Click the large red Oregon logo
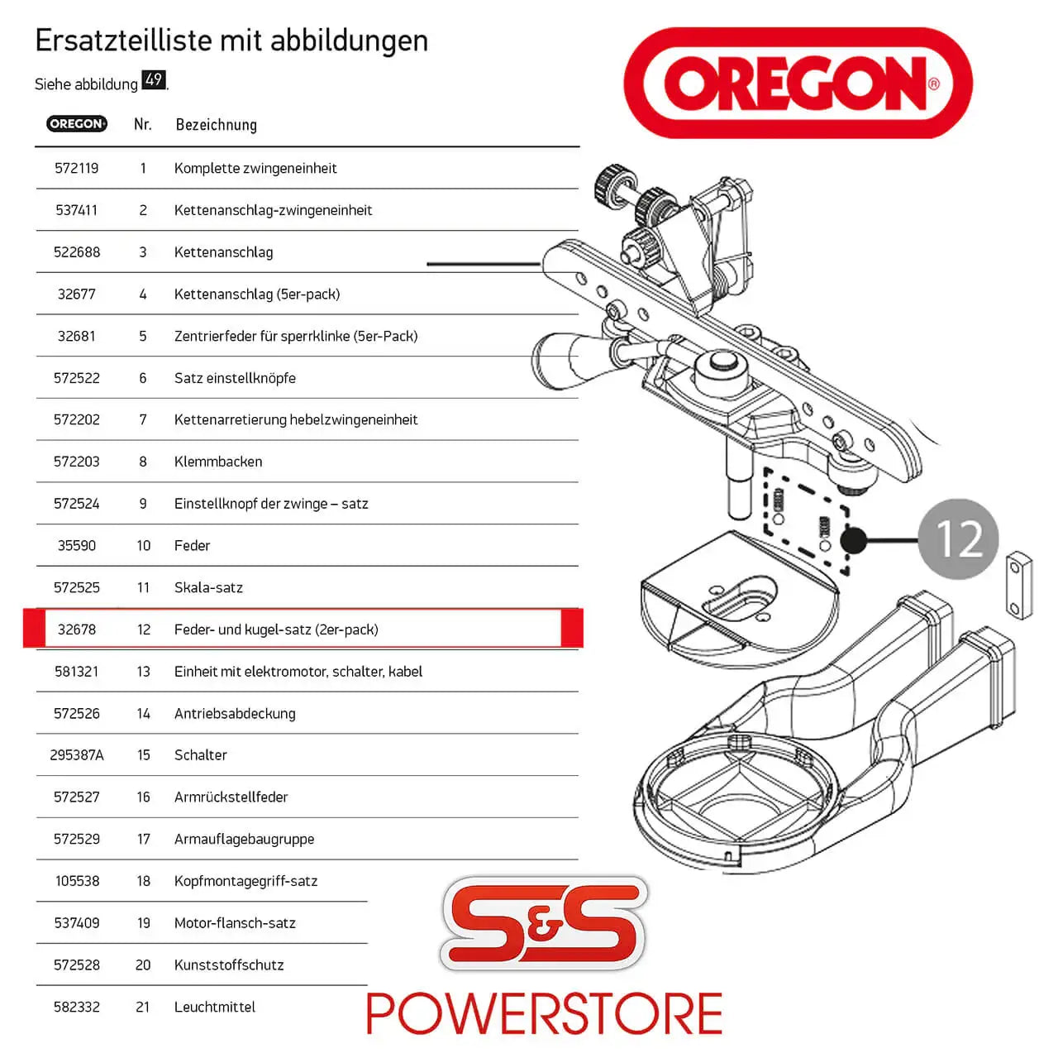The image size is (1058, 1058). coord(798,83)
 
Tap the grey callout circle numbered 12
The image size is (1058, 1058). coord(959,539)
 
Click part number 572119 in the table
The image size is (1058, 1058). coord(76,168)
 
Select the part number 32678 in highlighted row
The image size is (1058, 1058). coord(76,630)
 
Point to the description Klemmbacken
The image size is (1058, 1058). coord(218,462)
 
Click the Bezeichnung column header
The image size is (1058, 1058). coord(216,125)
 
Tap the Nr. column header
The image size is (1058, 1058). coord(142,124)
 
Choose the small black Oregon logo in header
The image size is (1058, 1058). coord(76,124)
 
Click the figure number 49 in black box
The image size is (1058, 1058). coord(154,80)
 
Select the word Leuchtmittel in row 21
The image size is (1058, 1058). coord(214,1007)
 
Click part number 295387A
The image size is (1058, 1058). coord(77,755)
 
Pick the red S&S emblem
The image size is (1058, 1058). coord(544,923)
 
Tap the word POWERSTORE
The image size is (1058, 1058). coord(544,1014)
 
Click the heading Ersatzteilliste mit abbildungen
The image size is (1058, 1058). coord(231,41)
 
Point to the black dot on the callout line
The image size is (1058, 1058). coord(853,540)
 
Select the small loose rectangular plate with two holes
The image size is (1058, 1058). coord(1018,585)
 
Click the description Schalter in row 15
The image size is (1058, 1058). coord(200,755)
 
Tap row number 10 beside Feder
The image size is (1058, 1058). coord(143,546)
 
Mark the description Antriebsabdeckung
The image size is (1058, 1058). coord(235,713)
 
